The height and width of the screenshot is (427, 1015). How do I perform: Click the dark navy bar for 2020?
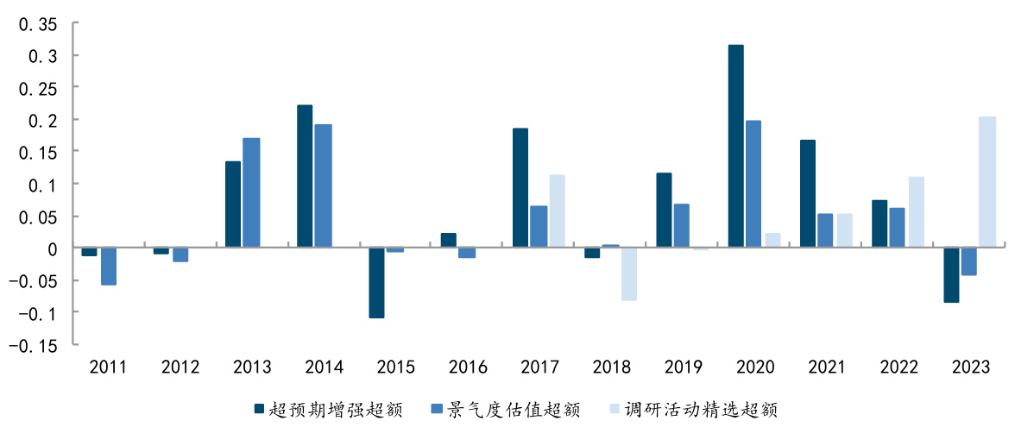(735, 147)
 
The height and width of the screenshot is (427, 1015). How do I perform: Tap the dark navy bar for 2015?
(376, 283)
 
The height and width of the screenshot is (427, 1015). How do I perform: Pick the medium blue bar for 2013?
(251, 193)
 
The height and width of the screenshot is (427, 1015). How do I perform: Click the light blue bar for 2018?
(628, 274)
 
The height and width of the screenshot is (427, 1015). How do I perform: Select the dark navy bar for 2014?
(305, 177)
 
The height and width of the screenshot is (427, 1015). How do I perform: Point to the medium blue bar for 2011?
(108, 267)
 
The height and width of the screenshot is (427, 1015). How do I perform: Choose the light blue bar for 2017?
(557, 211)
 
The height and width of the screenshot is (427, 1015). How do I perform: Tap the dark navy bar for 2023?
(951, 275)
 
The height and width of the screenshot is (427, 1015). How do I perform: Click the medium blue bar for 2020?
(753, 185)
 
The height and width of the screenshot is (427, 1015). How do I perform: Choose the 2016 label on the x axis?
(467, 368)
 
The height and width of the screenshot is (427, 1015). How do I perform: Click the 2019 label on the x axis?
(683, 368)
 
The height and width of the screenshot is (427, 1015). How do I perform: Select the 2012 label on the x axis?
(180, 368)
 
